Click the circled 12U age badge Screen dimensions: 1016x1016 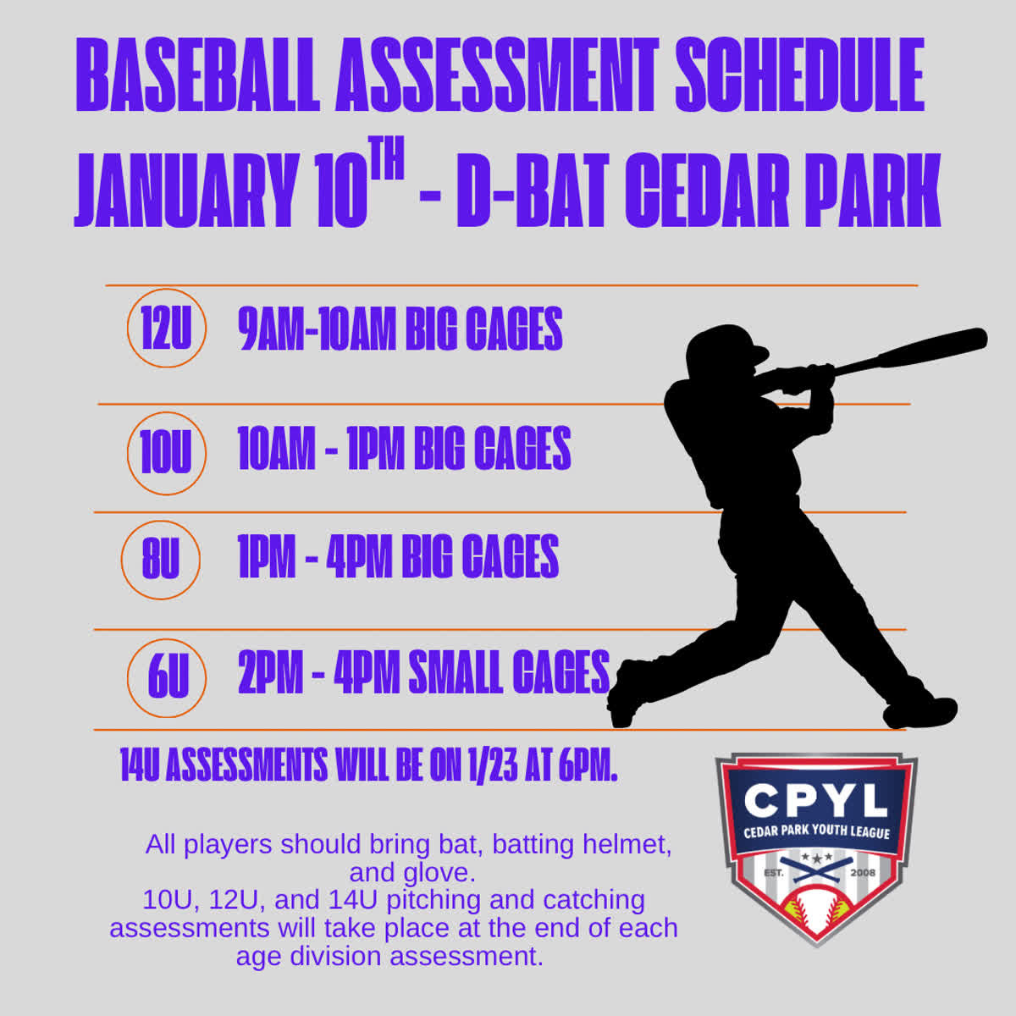point(167,328)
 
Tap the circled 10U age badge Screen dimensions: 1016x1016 point(167,454)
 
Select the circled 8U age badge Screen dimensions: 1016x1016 point(161,560)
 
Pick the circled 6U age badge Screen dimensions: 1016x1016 point(167,678)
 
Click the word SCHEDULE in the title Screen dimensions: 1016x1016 point(800,75)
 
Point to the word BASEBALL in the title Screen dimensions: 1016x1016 point(198,75)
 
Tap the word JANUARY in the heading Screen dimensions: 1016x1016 point(185,190)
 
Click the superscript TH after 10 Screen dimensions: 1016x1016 point(386,157)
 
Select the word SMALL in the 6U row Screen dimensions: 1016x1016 point(456,672)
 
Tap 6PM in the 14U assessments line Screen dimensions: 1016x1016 point(588,764)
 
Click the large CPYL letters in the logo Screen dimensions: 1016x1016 point(815,800)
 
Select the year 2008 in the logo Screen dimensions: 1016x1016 point(863,873)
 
